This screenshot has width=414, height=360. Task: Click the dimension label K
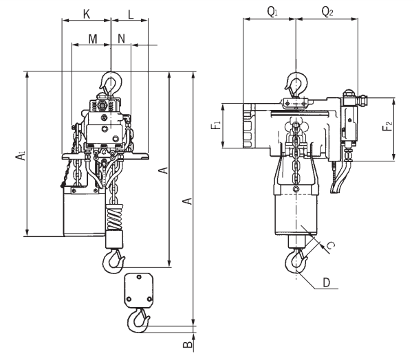[87, 14]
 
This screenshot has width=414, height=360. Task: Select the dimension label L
[131, 14]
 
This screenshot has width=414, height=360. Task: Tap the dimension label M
[92, 39]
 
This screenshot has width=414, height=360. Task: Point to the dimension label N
[121, 38]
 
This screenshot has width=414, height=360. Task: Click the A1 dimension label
[21, 155]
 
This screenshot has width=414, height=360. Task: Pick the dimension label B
[187, 344]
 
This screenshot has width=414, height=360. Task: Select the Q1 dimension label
[272, 12]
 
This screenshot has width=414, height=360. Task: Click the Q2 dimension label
[327, 12]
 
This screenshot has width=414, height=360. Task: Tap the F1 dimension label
[216, 125]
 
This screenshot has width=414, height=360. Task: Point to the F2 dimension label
[387, 126]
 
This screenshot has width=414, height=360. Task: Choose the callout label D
[327, 282]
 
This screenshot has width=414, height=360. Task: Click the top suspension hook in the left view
[111, 82]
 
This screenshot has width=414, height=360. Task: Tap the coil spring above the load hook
[114, 217]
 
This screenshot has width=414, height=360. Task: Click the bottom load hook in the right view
[296, 261]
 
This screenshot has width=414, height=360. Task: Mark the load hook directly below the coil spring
[113, 262]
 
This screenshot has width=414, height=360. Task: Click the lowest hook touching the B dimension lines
[138, 321]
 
